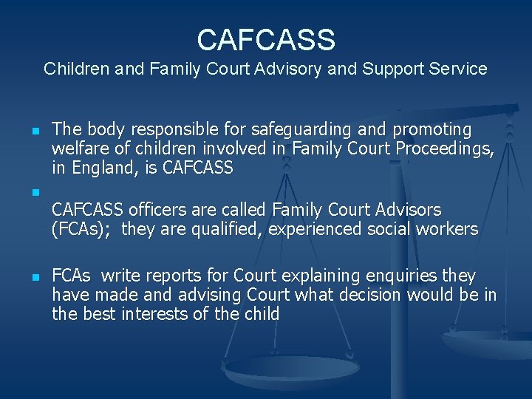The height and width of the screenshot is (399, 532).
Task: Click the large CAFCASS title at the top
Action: tap(266, 39)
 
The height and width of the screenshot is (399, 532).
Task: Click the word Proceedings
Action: tap(444, 149)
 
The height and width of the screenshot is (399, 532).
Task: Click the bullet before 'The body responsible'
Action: tap(35, 132)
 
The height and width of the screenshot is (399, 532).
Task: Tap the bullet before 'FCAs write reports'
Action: tap(35, 278)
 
